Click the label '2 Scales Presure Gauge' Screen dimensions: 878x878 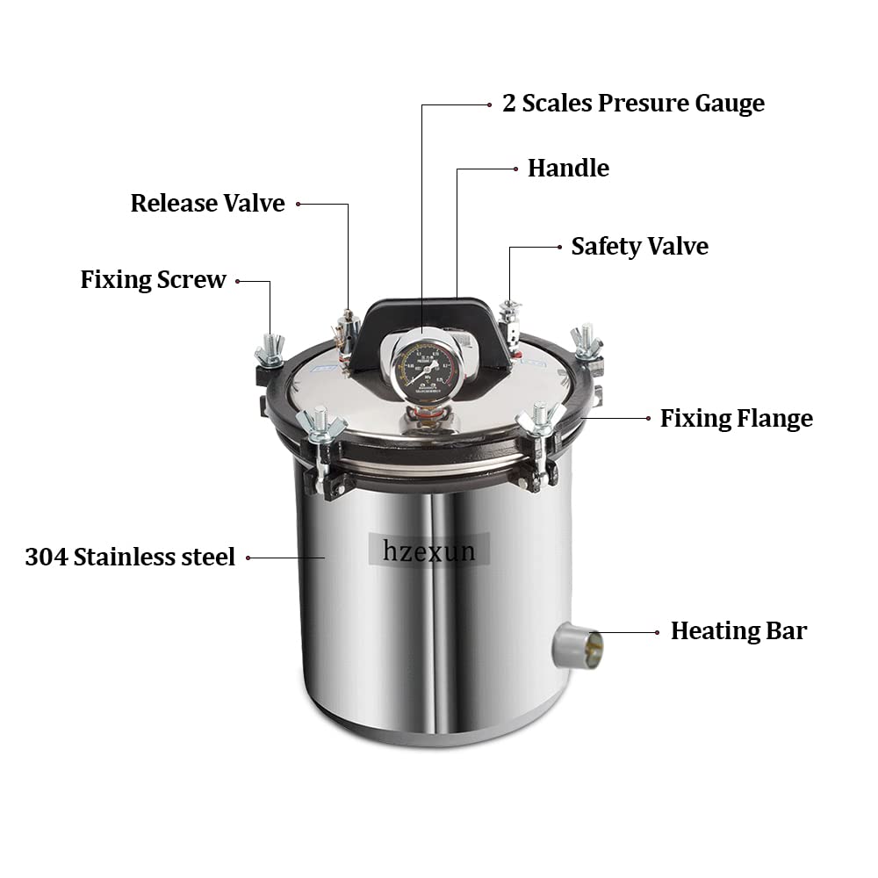pyautogui.click(x=633, y=103)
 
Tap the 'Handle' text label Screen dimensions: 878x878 pyautogui.click(x=568, y=168)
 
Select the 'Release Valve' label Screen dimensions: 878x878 pyautogui.click(x=207, y=203)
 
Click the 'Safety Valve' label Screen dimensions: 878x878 pyautogui.click(x=639, y=246)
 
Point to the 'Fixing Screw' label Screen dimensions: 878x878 pyautogui.click(x=153, y=280)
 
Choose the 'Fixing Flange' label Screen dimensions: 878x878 pyautogui.click(x=736, y=418)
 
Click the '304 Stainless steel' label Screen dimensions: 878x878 pyautogui.click(x=130, y=557)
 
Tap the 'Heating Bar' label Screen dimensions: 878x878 pyautogui.click(x=738, y=630)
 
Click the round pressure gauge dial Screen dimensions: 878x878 pyautogui.click(x=422, y=366)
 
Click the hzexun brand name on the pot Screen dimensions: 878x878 pyautogui.click(x=428, y=551)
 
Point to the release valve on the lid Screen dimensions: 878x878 pyautogui.click(x=346, y=332)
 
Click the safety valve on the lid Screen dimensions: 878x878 pyautogui.click(x=510, y=321)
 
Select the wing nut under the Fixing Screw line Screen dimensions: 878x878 pyautogui.click(x=270, y=349)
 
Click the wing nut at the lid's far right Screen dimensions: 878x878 pyautogui.click(x=586, y=342)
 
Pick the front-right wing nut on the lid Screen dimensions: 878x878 pyautogui.click(x=539, y=420)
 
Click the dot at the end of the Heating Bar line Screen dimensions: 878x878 pyautogui.click(x=657, y=631)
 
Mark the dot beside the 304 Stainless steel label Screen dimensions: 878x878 pyautogui.click(x=248, y=557)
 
